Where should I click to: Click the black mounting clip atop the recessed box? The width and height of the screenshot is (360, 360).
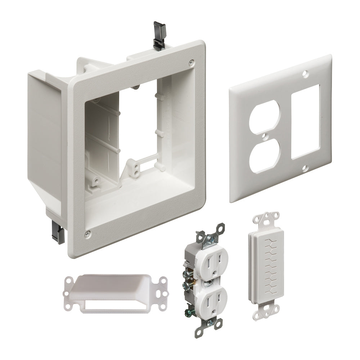(159, 35)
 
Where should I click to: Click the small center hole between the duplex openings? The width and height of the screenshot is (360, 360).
(265, 137)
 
